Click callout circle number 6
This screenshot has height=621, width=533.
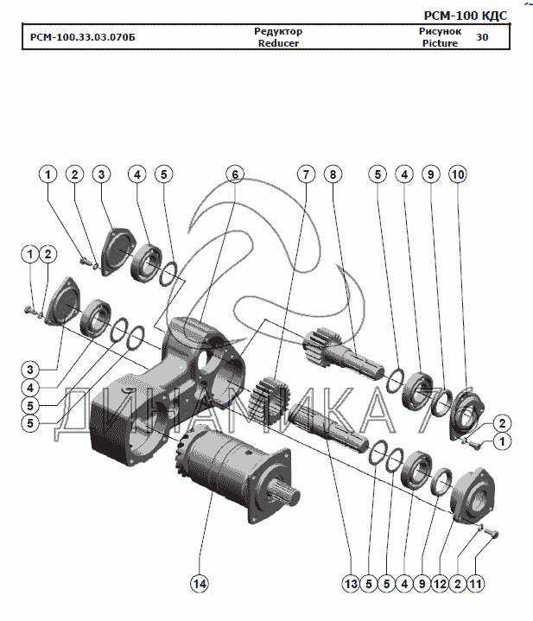coord(233,174)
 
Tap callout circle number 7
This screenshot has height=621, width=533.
coord(304,174)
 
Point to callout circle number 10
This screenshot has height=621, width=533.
coord(457,174)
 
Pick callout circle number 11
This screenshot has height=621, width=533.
coord(474,585)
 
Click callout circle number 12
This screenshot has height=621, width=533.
coord(439,585)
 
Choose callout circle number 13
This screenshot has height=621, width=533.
coord(350,585)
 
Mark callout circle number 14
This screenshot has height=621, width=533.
coord(200,585)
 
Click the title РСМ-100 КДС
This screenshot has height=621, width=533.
coord(465,15)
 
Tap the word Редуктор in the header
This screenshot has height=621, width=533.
coord(277,31)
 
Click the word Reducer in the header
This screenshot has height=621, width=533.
coord(277,43)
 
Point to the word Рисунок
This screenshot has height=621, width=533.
coord(440,31)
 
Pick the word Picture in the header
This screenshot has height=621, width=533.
coord(440,43)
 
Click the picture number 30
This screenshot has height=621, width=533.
coord(482,37)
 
